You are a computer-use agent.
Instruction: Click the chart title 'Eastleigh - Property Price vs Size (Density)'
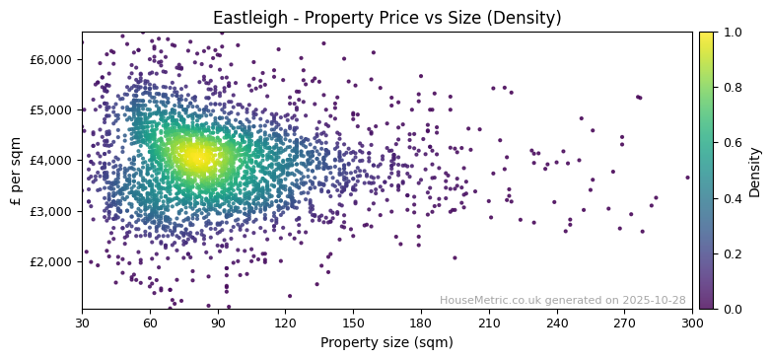tap(386, 18)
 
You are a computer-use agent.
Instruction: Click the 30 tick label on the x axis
tap(82, 323)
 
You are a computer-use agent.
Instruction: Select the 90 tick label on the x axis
tap(218, 323)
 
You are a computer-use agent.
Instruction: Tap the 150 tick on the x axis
tap(353, 323)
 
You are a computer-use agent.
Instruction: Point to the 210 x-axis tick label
tap(489, 323)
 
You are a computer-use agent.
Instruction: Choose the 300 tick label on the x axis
tap(692, 323)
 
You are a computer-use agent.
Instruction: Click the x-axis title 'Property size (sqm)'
tap(386, 342)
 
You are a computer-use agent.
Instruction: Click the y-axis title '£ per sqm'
tap(16, 170)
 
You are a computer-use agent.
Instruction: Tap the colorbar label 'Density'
tap(754, 170)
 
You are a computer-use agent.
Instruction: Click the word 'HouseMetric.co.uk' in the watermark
tap(485, 300)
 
